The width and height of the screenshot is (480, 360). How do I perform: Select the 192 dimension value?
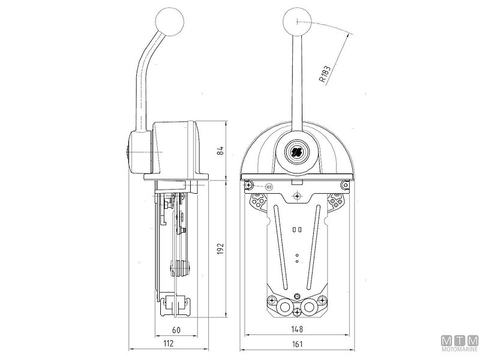point(220,247)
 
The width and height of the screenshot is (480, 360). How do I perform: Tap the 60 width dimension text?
point(176,329)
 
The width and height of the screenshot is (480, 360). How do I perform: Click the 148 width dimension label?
point(298,329)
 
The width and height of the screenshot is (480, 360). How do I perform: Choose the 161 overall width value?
point(298,344)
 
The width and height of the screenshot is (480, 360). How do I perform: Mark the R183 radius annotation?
point(324,71)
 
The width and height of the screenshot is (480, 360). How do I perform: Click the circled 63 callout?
point(268,187)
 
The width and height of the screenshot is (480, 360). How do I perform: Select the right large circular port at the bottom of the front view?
point(309,307)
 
